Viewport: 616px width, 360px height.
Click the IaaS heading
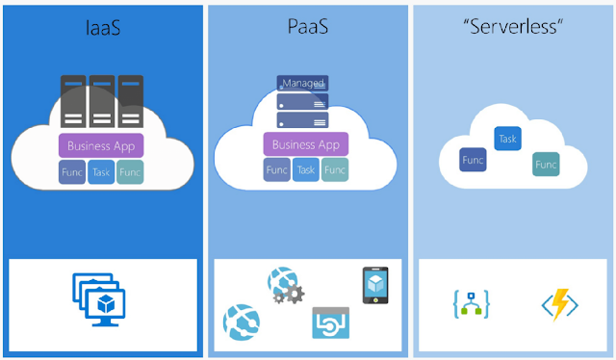pyautogui.click(x=103, y=28)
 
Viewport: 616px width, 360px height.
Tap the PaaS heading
pyautogui.click(x=308, y=27)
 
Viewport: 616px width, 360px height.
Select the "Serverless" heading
pyautogui.click(x=513, y=27)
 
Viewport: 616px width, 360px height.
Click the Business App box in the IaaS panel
pyautogui.click(x=101, y=145)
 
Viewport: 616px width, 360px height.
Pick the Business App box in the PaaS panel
pyautogui.click(x=306, y=144)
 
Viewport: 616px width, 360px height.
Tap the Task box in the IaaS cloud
pyautogui.click(x=101, y=172)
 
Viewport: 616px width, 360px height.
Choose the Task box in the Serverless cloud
pyautogui.click(x=507, y=139)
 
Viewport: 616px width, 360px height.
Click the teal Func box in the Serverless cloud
pyautogui.click(x=546, y=165)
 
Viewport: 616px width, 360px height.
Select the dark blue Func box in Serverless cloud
pyautogui.click(x=473, y=160)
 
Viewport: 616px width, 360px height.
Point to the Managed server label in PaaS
pyautogui.click(x=302, y=84)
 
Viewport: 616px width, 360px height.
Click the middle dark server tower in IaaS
pyautogui.click(x=102, y=101)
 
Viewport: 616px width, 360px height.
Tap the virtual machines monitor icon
pyautogui.click(x=99, y=299)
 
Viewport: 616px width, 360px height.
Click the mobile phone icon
pyautogui.click(x=375, y=285)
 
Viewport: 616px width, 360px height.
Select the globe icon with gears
pyautogui.click(x=286, y=285)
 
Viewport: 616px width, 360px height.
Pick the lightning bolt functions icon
pyautogui.click(x=560, y=304)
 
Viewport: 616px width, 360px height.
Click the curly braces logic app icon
pyautogui.click(x=472, y=304)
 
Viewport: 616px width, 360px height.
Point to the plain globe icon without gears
pyautogui.click(x=242, y=322)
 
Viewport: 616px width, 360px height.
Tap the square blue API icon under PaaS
pyautogui.click(x=331, y=322)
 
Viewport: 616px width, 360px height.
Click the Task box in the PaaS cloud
pyautogui.click(x=306, y=169)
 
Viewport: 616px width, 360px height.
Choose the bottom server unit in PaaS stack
pyautogui.click(x=302, y=120)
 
